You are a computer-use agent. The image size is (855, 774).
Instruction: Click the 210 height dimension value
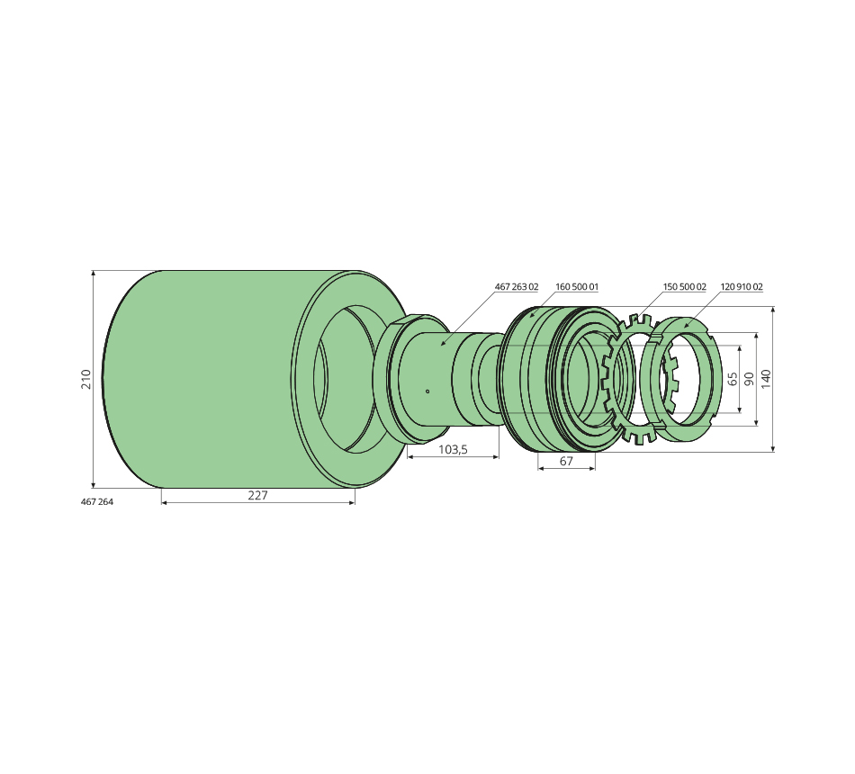pyautogui.click(x=85, y=379)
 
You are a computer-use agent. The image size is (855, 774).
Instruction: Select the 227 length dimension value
pyautogui.click(x=258, y=495)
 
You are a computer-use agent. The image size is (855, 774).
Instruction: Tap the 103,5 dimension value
pyautogui.click(x=453, y=450)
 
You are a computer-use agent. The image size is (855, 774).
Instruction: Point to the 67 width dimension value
pyautogui.click(x=566, y=462)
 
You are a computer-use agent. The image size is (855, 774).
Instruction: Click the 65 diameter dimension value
pyautogui.click(x=733, y=378)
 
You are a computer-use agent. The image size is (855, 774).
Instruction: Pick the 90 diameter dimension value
pyautogui.click(x=749, y=378)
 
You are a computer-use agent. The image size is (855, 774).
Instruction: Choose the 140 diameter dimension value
pyautogui.click(x=766, y=379)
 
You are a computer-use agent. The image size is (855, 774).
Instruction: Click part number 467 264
pyautogui.click(x=97, y=502)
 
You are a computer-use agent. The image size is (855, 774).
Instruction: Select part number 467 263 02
pyautogui.click(x=517, y=286)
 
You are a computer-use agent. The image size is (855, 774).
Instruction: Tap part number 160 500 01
pyautogui.click(x=577, y=286)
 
